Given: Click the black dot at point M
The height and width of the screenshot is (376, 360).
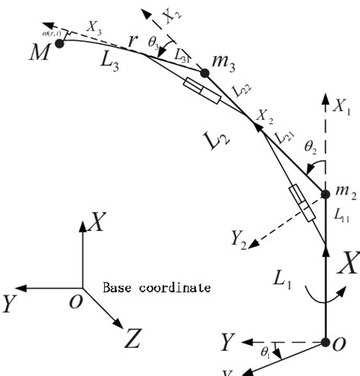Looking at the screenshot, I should [x=58, y=43].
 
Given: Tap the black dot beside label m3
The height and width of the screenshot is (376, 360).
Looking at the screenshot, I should [x=204, y=74].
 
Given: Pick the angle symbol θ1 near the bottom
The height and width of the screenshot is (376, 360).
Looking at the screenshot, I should [x=266, y=352].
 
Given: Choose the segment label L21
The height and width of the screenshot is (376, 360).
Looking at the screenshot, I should [x=286, y=137].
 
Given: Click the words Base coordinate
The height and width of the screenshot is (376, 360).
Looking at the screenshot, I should [x=156, y=289].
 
